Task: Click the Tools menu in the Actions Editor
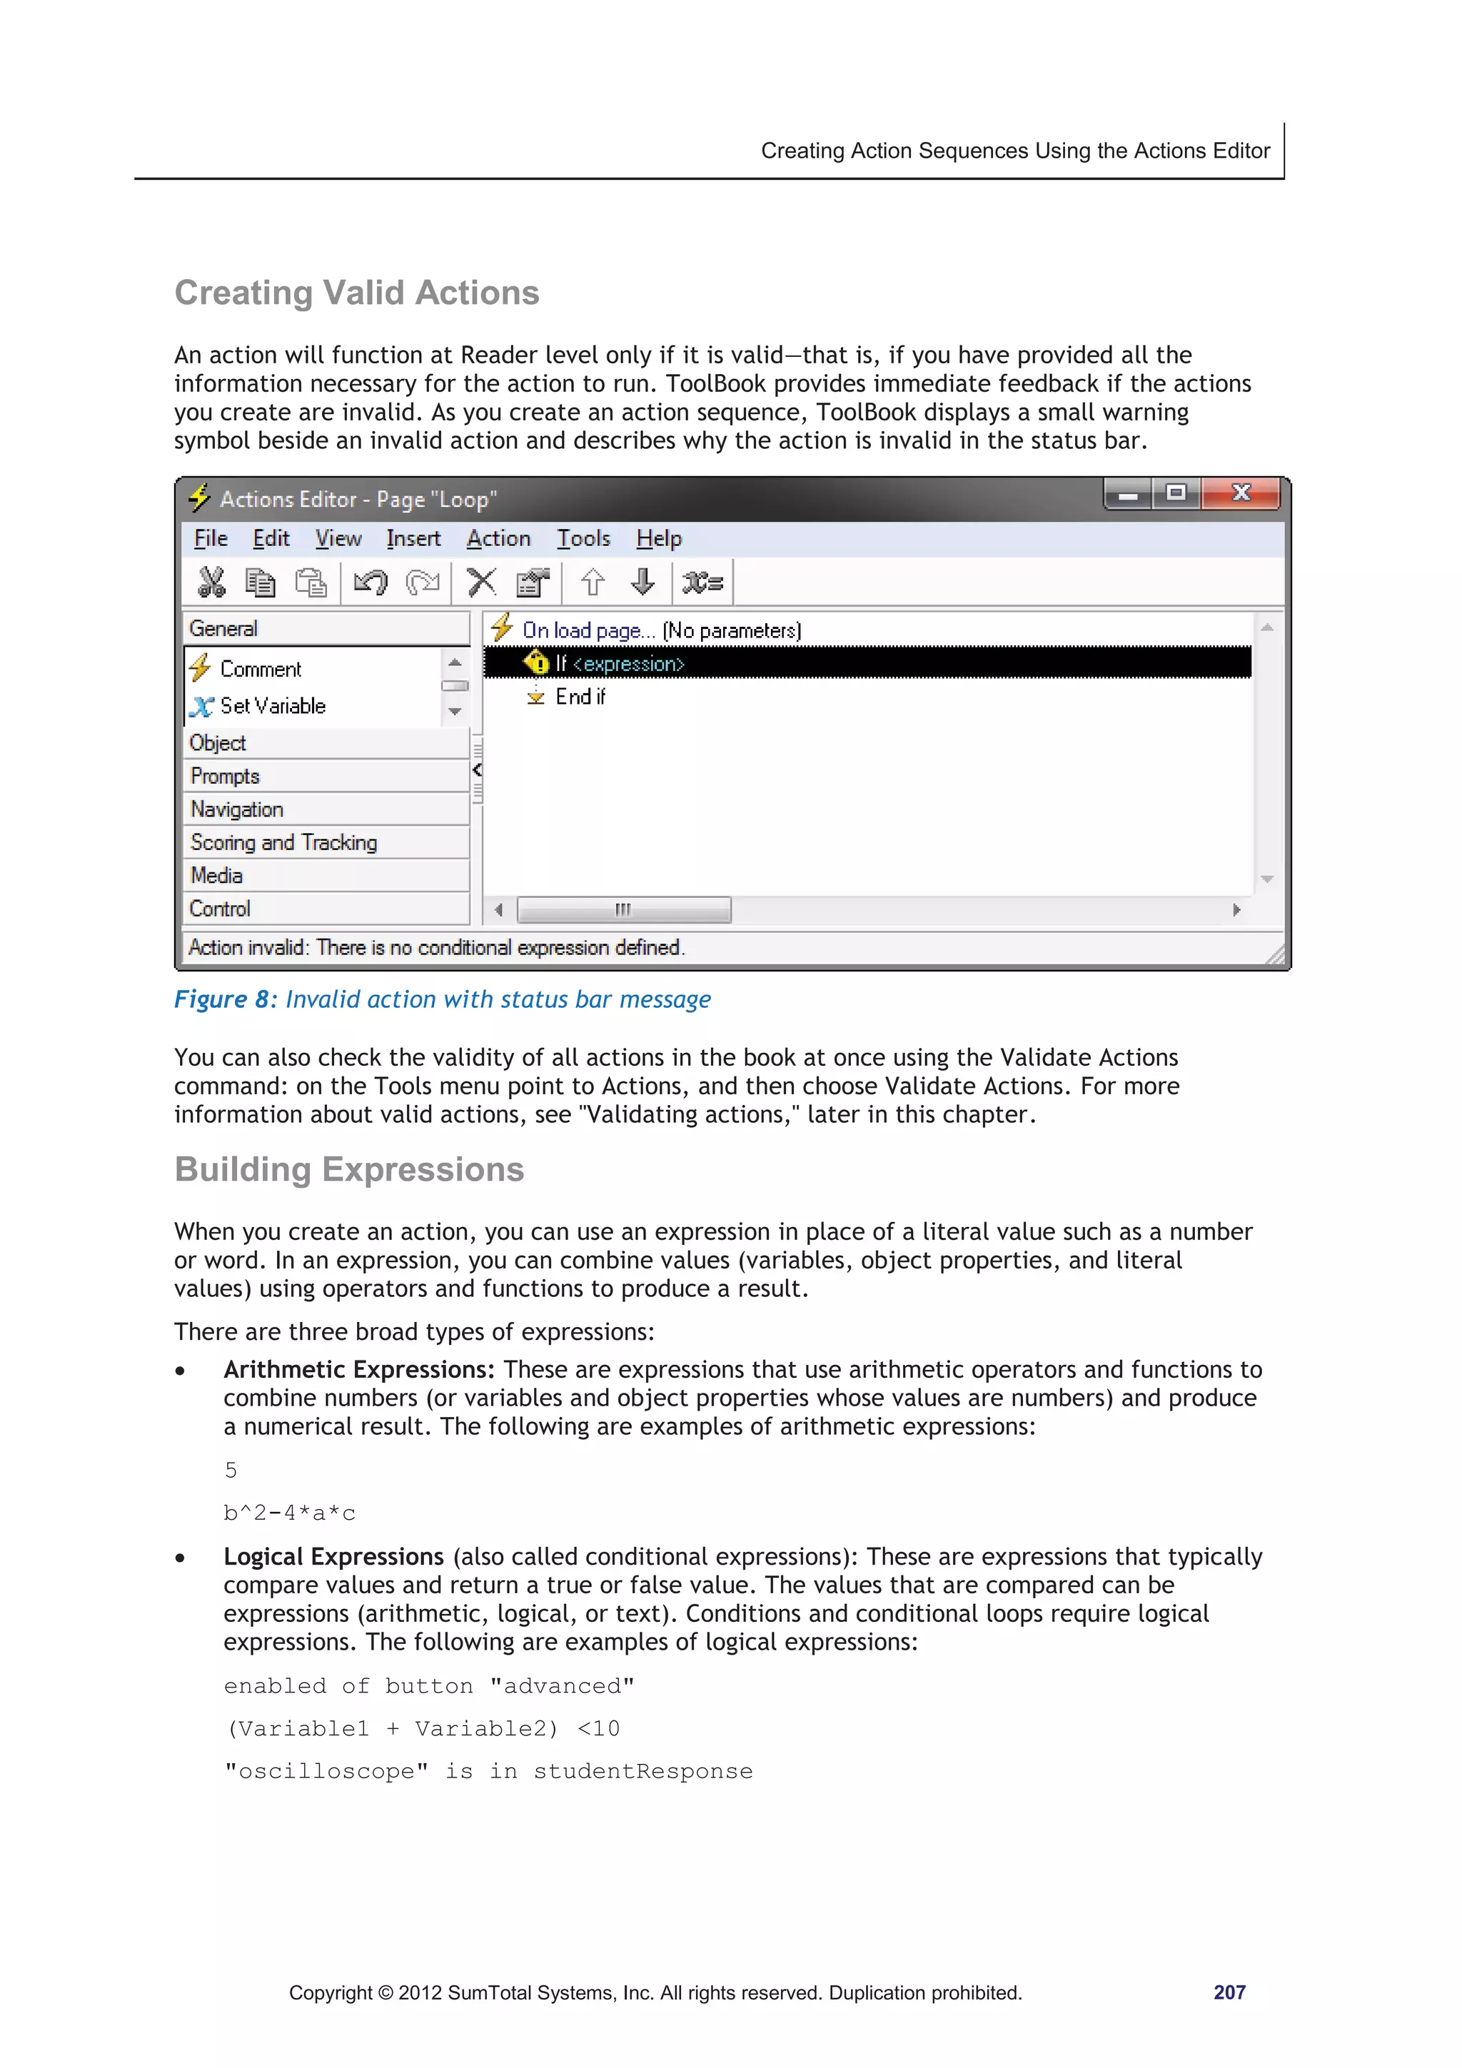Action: coord(583,539)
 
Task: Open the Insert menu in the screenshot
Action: coord(413,539)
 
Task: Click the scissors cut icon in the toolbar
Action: coord(211,582)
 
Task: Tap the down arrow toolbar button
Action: coord(642,582)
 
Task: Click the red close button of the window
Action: coord(1241,493)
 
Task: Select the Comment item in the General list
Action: coord(261,669)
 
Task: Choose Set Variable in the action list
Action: coord(272,706)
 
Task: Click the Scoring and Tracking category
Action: coord(283,843)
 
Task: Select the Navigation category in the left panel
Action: coord(237,809)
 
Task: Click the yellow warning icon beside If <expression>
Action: coord(536,664)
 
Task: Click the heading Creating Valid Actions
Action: coord(357,293)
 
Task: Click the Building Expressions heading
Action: coord(348,1169)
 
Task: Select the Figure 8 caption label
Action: coord(224,1000)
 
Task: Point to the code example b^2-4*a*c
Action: coord(290,1513)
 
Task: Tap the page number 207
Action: coord(1229,1992)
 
